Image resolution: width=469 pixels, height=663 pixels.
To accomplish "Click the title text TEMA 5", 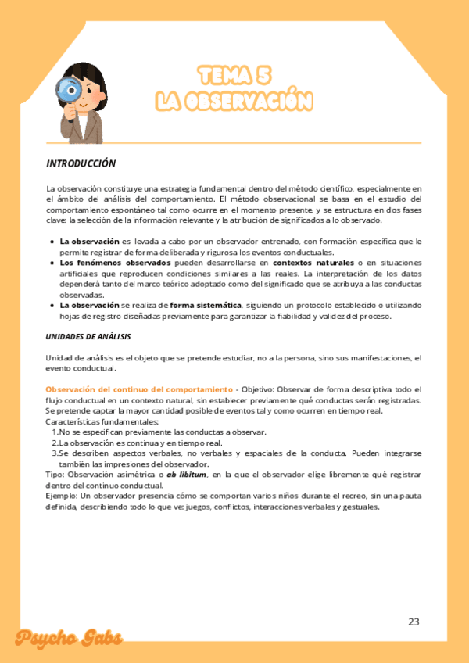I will (x=234, y=76).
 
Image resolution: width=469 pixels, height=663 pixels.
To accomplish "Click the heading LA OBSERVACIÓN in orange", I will (x=234, y=102).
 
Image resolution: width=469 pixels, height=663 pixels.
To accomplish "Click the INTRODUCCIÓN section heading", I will (x=81, y=164).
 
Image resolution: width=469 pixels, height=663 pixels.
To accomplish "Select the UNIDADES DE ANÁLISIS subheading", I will (x=88, y=336).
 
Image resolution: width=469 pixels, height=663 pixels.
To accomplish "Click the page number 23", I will (x=414, y=622).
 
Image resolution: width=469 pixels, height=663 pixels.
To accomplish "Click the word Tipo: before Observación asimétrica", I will (x=55, y=475).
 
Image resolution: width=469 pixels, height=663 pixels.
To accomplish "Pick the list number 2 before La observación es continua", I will (x=54, y=443).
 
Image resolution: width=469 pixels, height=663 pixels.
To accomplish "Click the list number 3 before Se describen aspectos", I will (x=54, y=453).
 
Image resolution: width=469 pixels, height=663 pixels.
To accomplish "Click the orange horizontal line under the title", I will (x=234, y=143).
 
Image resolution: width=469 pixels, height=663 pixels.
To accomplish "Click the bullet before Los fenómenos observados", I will (x=52, y=263).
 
